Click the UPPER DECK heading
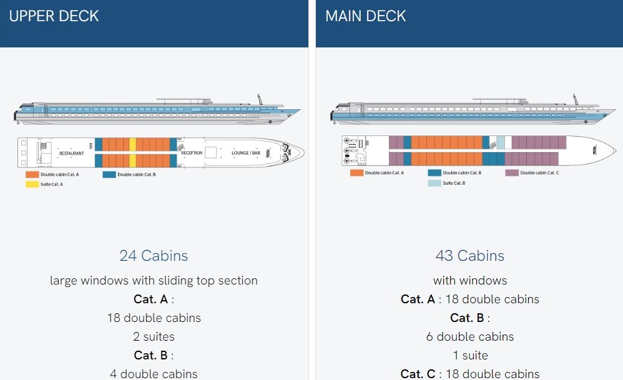pos(54,16)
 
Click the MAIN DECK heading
pos(365,16)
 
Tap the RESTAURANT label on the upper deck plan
pos(71,153)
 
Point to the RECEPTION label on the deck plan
pos(192,153)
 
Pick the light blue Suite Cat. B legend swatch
pos(434,183)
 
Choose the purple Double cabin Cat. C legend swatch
pos(512,172)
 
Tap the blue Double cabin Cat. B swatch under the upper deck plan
pos(109,175)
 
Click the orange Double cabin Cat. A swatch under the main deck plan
pos(356,172)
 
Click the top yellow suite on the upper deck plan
pos(132,144)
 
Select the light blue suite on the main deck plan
pos(501,142)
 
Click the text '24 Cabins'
pos(154,255)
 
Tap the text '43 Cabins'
pos(469,255)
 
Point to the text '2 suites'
pos(154,336)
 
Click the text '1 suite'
pos(469,355)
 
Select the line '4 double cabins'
pos(154,374)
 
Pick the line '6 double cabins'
pos(469,336)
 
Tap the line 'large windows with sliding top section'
pos(154,280)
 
